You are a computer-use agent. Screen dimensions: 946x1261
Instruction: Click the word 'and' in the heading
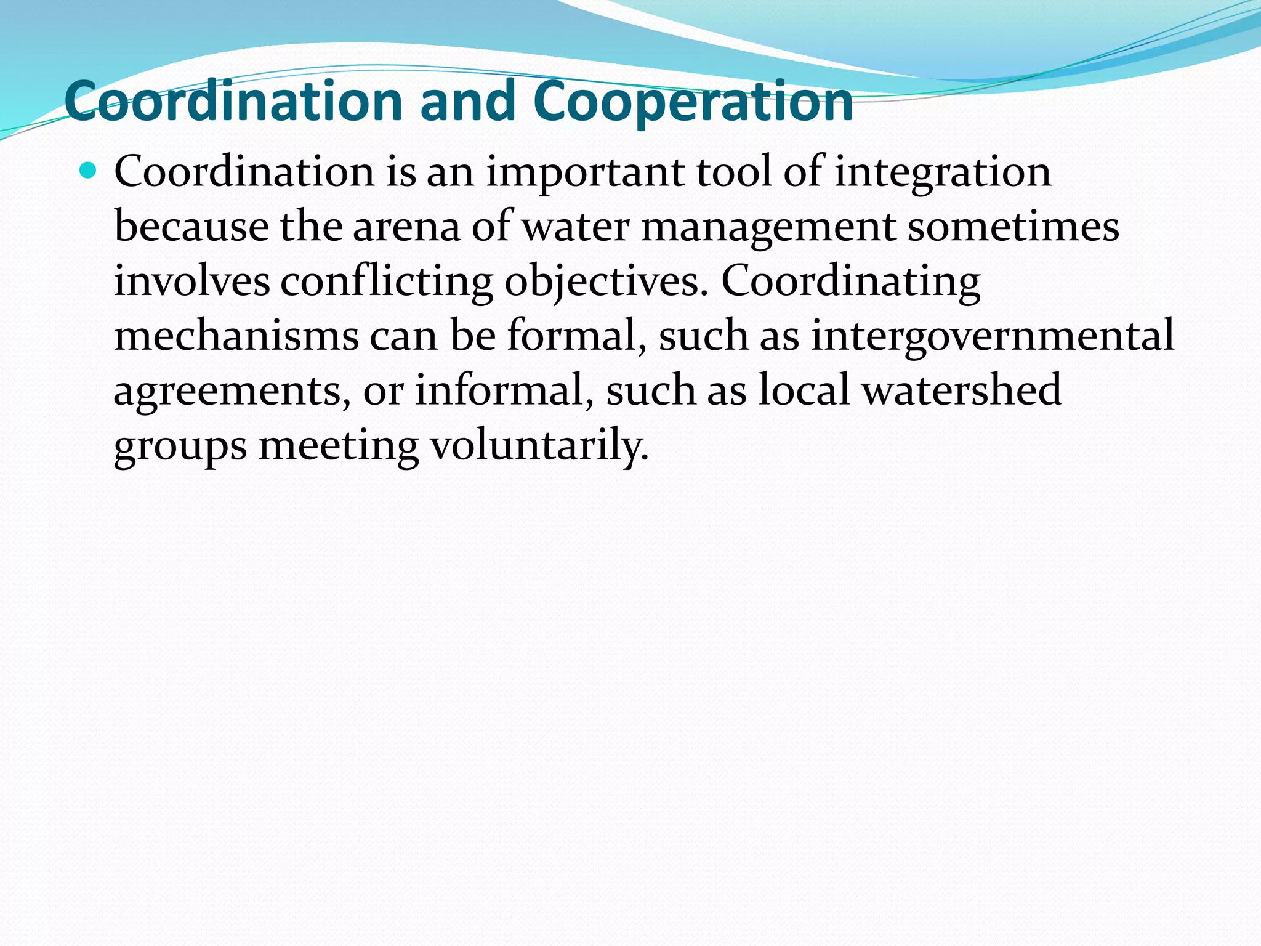click(x=468, y=102)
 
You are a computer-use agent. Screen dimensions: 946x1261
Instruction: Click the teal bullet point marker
click(x=89, y=170)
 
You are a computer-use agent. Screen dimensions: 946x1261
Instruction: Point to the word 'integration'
click(x=943, y=172)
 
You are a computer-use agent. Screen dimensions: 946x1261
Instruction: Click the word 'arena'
click(x=406, y=227)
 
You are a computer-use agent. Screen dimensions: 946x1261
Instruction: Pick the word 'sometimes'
click(x=1013, y=227)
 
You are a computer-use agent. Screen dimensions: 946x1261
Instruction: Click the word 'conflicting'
click(x=387, y=282)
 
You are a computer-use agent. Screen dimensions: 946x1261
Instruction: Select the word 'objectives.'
click(x=606, y=282)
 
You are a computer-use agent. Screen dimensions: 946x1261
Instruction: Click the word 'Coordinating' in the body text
click(x=851, y=282)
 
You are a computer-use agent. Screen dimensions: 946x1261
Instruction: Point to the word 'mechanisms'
click(x=236, y=336)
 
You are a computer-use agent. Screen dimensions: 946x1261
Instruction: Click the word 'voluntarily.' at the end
click(x=539, y=446)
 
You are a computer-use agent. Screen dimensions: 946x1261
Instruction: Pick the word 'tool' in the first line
click(x=734, y=172)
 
